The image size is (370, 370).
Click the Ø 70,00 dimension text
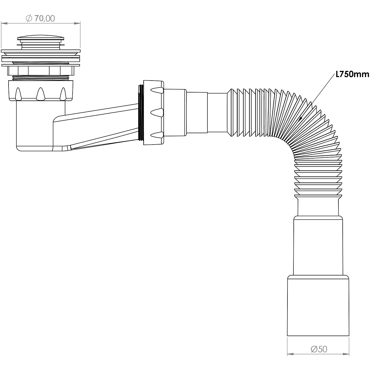pos(40,18)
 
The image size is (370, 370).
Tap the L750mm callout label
pos(352,74)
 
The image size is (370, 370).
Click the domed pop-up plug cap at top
pos(41,38)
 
